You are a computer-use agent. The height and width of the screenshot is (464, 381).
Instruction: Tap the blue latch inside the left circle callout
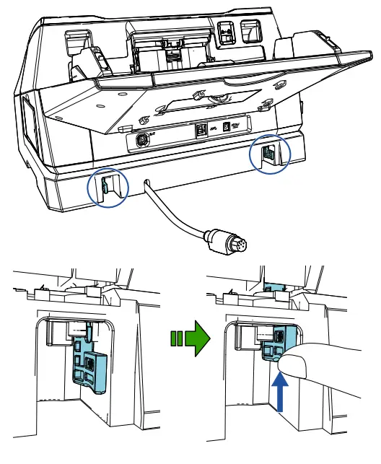point(103,188)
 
